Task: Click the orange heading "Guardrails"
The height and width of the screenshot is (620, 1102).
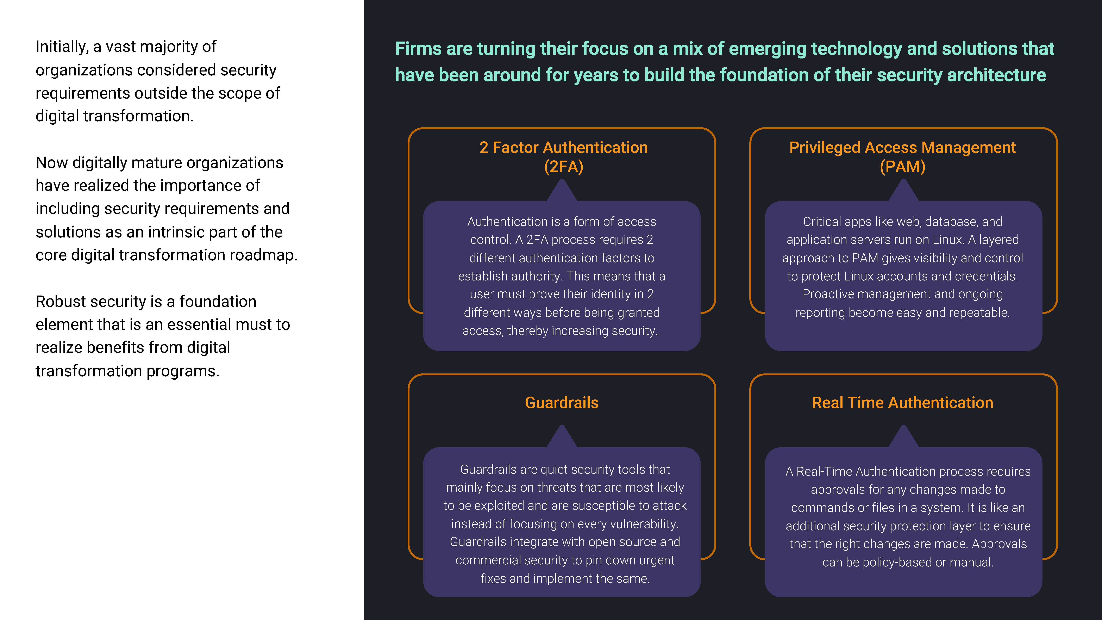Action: click(x=562, y=403)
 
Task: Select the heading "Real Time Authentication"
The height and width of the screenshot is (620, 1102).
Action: click(x=903, y=403)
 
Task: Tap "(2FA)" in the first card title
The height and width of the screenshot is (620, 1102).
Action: click(x=563, y=166)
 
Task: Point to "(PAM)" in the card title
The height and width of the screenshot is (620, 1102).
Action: click(x=903, y=166)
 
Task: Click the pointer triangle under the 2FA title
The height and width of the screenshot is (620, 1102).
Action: click(x=562, y=190)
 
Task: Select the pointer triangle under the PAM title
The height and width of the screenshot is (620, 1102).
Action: click(x=903, y=190)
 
